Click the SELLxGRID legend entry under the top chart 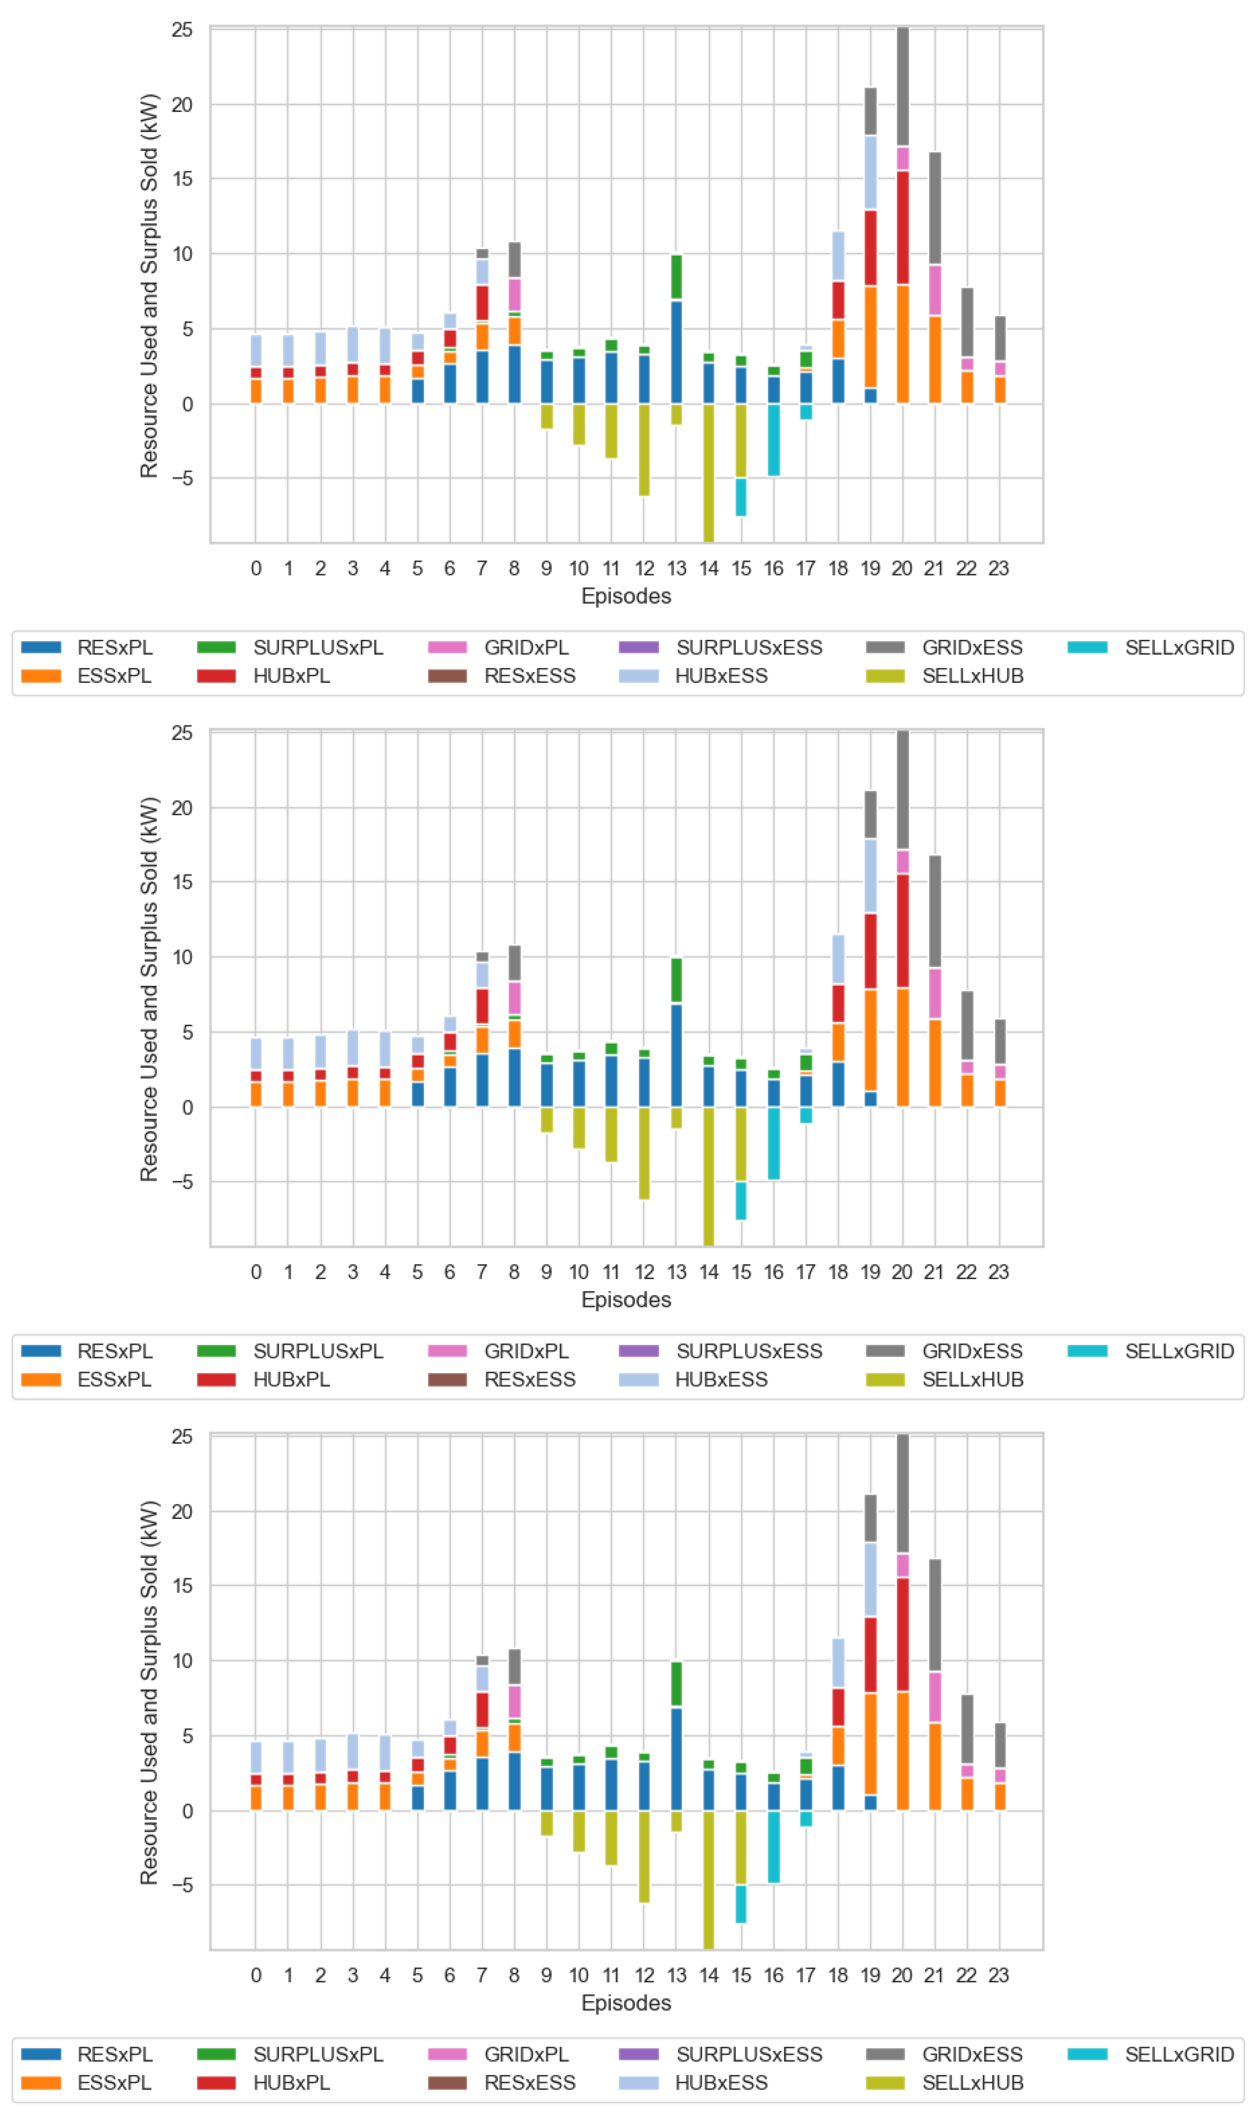coord(1150,648)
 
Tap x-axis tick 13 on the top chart coord(677,568)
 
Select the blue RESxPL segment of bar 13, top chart coord(677,352)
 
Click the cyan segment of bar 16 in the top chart coord(774,440)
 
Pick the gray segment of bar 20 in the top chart coord(902,86)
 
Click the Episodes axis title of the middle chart coord(626,1300)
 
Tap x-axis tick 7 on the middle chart coord(482,1272)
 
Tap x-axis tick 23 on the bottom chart coord(999,1975)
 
